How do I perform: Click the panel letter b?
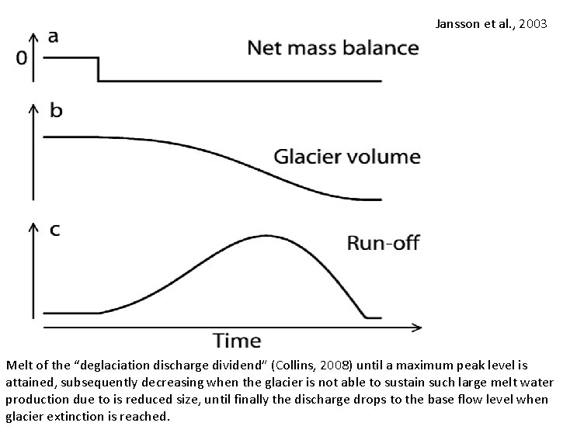56,110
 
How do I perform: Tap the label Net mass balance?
332,48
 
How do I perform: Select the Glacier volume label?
346,157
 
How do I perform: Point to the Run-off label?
382,243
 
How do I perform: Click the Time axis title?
237,340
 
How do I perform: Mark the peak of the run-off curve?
266,235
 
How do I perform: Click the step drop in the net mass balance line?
98,69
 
